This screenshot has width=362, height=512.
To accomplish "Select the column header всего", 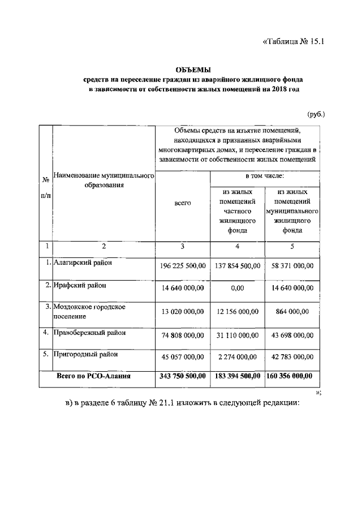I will pyautogui.click(x=183, y=203).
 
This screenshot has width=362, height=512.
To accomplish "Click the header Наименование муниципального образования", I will pyautogui.click(x=104, y=181).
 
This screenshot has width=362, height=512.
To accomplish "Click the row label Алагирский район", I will pyautogui.click(x=83, y=263).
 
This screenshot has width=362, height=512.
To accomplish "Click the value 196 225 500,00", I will pyautogui.click(x=183, y=266).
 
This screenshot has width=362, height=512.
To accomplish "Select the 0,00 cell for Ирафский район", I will pyautogui.click(x=237, y=289).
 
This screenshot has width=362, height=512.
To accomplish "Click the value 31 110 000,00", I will pyautogui.click(x=237, y=335).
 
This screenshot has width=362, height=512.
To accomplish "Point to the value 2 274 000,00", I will pyautogui.click(x=237, y=357).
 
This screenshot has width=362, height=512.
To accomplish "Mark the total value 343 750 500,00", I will pyautogui.click(x=183, y=376).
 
